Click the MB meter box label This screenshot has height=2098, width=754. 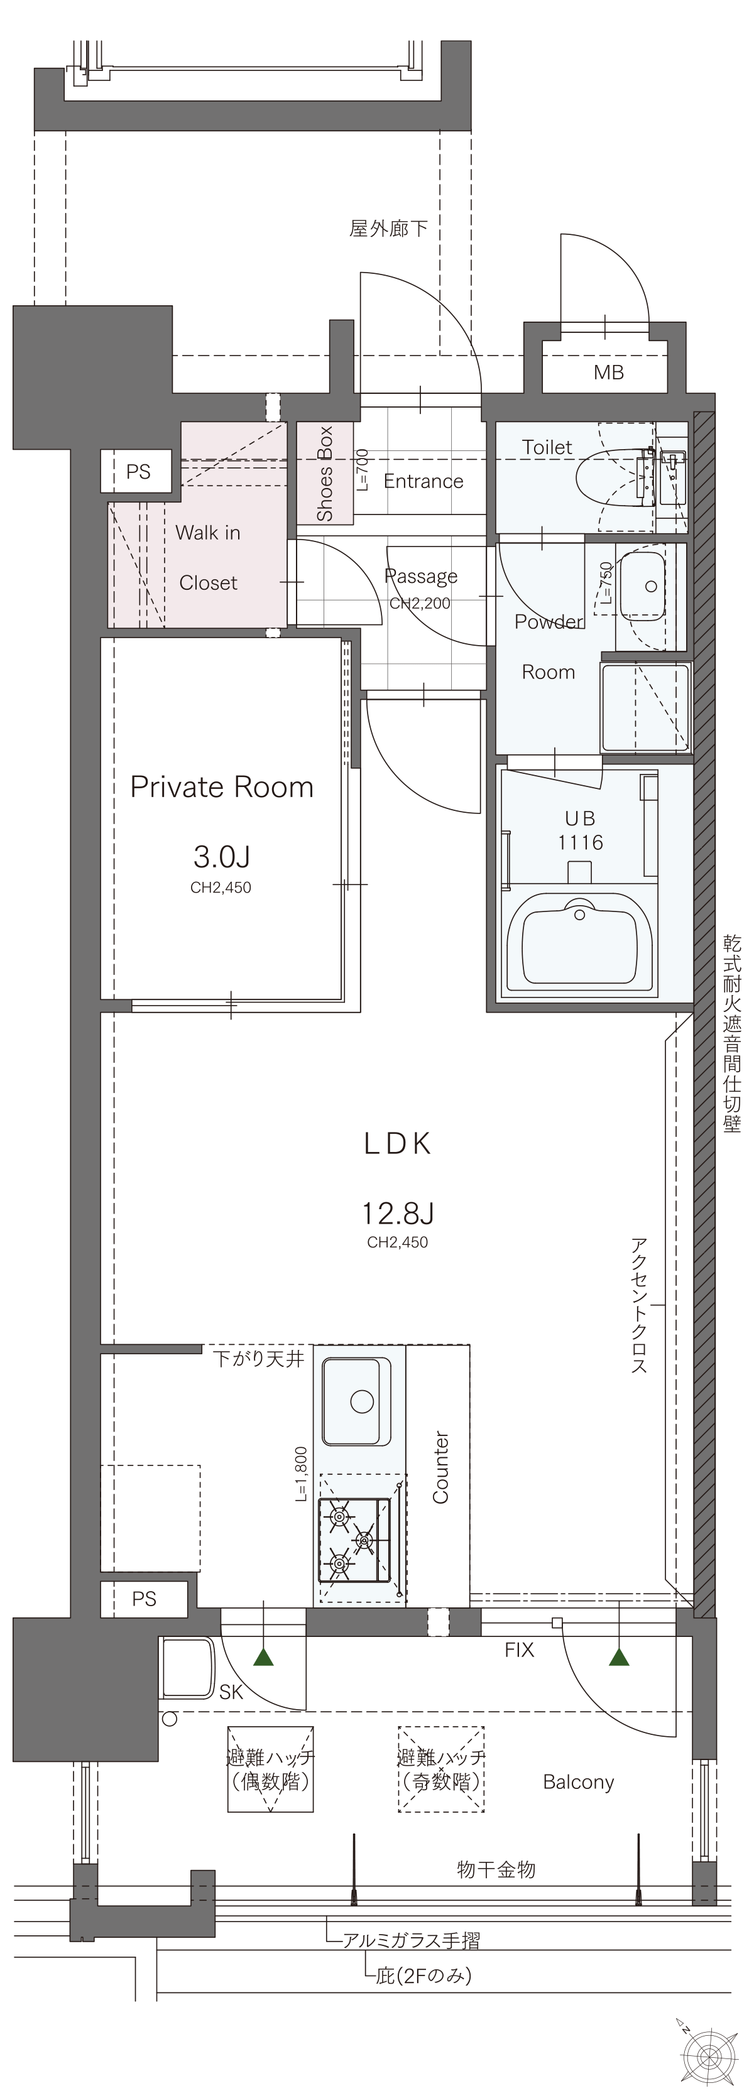tap(608, 373)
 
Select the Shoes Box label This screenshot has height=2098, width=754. tap(325, 473)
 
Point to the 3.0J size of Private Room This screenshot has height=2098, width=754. tap(221, 856)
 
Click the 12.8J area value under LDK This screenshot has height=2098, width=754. tap(397, 1214)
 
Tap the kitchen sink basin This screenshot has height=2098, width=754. tap(357, 1401)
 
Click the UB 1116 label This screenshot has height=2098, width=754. tap(581, 830)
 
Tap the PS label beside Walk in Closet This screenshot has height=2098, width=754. tap(138, 472)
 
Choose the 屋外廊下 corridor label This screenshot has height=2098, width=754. tap(388, 229)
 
